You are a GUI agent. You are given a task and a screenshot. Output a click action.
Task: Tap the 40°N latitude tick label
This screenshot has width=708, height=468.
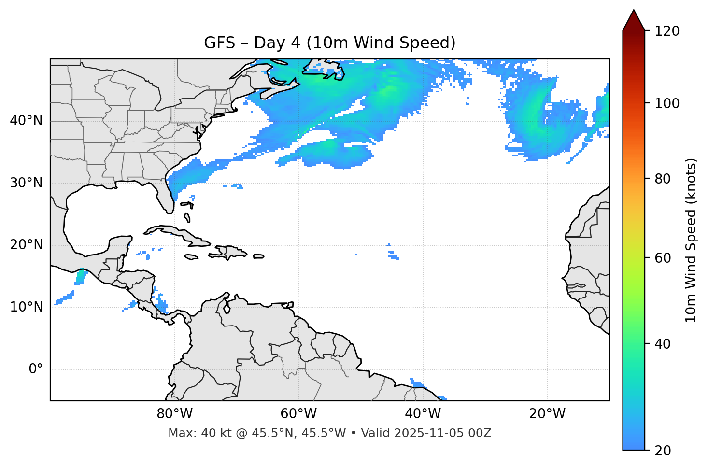pos(26,120)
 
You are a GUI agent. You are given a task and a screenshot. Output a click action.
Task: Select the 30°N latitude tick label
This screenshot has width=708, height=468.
pos(26,183)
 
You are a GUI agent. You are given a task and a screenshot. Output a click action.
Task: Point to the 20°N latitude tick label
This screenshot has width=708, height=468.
pos(26,245)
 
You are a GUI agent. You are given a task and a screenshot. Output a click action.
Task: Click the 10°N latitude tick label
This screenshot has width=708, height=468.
pos(26,307)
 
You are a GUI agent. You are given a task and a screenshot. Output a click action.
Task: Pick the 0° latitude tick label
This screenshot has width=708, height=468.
pos(36,369)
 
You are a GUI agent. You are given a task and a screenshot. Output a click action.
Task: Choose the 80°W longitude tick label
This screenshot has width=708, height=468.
pos(174,414)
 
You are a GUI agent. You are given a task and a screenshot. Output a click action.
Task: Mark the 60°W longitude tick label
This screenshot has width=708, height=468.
pos(298,414)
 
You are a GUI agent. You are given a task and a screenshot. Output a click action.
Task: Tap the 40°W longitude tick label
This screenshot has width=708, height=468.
pos(423,414)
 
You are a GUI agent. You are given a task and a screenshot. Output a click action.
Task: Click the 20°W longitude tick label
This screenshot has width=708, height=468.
pos(547,414)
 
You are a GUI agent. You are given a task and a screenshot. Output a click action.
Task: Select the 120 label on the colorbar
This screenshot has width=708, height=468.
pos(666,31)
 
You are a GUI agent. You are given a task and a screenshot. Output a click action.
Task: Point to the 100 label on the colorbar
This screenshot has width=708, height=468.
pos(666,103)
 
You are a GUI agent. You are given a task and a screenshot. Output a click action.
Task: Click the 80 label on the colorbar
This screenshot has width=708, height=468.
pos(663,179)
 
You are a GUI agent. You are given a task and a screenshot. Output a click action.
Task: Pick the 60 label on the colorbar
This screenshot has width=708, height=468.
pos(663,258)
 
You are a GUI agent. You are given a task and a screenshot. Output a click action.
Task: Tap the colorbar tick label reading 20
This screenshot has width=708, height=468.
pos(663,451)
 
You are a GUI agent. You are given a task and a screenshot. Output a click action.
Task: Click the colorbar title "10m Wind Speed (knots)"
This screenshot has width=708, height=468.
pos(691,240)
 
